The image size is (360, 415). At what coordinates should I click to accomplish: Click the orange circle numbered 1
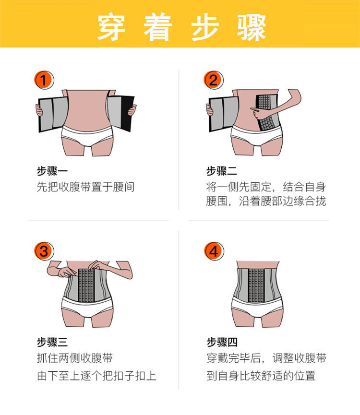tap(44, 80)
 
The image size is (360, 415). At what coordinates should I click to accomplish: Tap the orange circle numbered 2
tap(213, 80)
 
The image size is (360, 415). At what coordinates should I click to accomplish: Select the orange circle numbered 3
tap(44, 251)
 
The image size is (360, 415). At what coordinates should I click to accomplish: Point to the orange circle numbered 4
tap(214, 251)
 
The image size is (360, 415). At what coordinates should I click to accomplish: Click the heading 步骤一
tap(52, 171)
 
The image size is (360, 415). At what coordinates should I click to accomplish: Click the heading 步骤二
tap(222, 171)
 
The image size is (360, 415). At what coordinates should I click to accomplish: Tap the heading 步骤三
tap(52, 342)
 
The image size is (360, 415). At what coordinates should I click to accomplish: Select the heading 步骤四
tap(222, 342)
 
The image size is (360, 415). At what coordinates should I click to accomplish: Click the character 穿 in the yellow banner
tap(111, 27)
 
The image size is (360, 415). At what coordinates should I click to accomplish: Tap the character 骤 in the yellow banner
tap(252, 27)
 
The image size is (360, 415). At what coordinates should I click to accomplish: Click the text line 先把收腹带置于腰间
tap(85, 187)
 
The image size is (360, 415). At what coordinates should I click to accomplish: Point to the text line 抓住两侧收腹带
tap(75, 358)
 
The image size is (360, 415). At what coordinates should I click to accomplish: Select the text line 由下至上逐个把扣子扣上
tap(96, 376)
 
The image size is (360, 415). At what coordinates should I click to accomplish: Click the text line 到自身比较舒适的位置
tap(261, 376)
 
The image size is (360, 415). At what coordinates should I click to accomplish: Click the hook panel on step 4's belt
tap(256, 285)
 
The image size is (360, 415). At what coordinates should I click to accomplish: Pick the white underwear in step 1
tap(87, 135)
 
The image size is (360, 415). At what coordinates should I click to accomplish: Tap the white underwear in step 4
tap(257, 307)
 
